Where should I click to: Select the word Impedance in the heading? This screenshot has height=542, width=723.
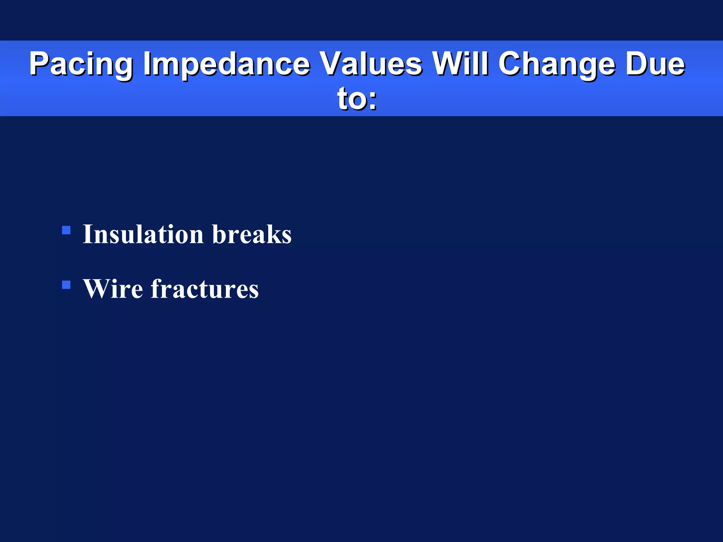click(226, 64)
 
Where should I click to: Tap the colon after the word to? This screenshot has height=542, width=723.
click(372, 101)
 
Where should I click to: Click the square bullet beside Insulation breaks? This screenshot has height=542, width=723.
click(66, 230)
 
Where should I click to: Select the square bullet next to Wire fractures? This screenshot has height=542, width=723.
click(66, 285)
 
